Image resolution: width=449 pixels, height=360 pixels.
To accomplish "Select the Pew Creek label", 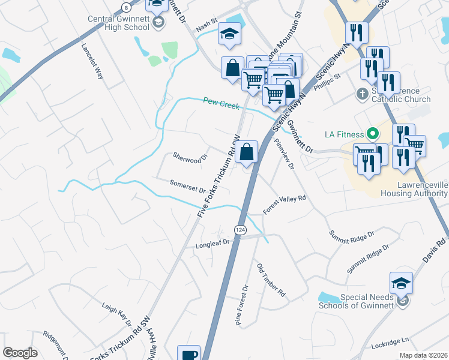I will click(x=221, y=103).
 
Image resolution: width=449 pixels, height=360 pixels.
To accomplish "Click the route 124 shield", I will click(x=240, y=230).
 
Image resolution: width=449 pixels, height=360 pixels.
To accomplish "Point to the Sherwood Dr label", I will click(x=190, y=158).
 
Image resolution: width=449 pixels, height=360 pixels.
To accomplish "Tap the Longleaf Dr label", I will click(x=212, y=244).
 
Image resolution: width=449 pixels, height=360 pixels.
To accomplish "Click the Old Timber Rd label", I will click(x=271, y=280).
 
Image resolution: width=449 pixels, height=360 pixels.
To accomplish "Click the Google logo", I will click(x=20, y=353).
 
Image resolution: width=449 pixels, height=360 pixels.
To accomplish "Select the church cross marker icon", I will click(x=362, y=94).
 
